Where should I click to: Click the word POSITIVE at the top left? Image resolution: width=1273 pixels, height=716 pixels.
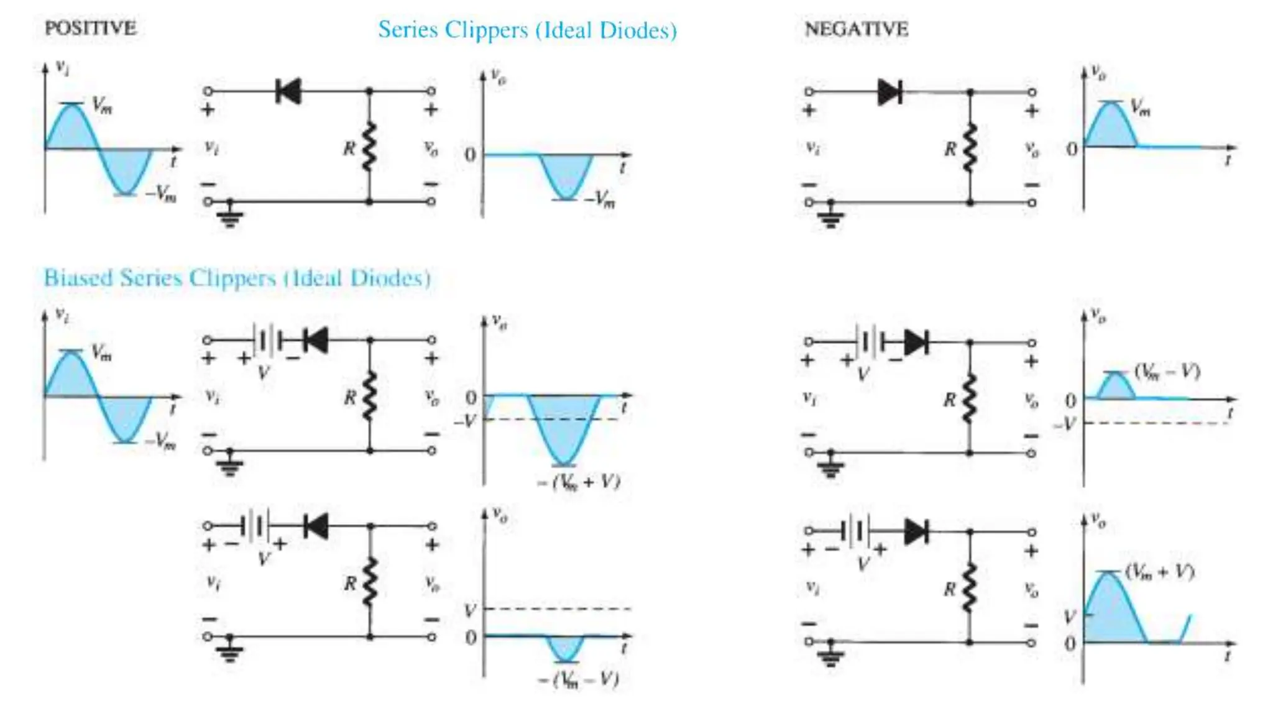[x=90, y=28]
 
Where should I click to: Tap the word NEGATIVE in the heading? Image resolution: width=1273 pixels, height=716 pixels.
[x=856, y=29]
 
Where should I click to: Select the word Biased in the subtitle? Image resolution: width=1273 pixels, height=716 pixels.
[x=78, y=277]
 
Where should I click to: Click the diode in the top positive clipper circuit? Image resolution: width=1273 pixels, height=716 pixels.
[x=288, y=91]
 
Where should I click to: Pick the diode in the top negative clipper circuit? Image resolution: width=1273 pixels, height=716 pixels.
[x=889, y=92]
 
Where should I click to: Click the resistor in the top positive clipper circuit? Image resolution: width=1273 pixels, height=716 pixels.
[x=369, y=147]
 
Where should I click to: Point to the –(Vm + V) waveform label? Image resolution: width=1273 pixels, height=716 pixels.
[x=579, y=482]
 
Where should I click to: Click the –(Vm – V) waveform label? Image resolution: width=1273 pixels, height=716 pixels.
[x=579, y=679]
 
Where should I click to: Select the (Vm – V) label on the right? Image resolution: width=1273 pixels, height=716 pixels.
[x=1167, y=372]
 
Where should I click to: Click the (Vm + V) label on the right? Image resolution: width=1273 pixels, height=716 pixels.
[x=1160, y=572]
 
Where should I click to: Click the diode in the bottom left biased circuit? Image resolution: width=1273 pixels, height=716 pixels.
[x=316, y=526]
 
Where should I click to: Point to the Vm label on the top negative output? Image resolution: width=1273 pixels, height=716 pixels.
[x=1140, y=108]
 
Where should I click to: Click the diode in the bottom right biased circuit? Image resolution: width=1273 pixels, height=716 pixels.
[x=916, y=532]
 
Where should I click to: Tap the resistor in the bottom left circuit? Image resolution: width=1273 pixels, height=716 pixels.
[x=370, y=582]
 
